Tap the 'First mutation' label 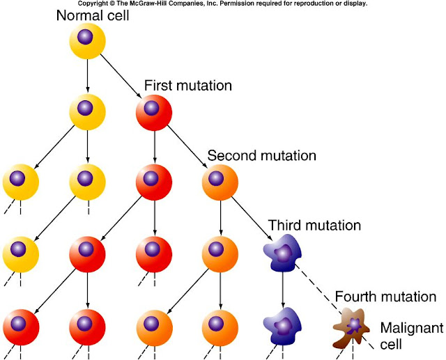tap(188, 86)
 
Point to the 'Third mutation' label tap(314, 226)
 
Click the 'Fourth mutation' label tap(385, 296)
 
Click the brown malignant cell tap(354, 327)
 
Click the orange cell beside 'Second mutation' tap(221, 181)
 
